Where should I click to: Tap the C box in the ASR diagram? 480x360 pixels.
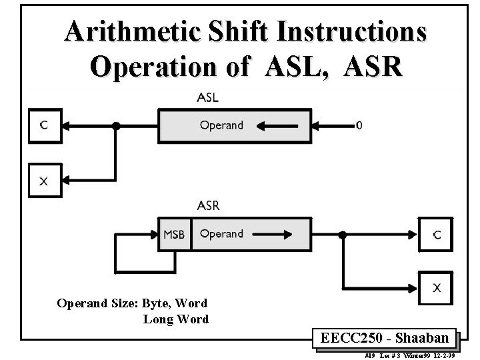(x=435, y=235)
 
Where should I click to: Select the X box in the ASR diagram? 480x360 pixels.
(x=435, y=287)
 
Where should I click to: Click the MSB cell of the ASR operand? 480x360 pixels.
(x=174, y=235)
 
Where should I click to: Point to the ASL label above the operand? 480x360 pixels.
(x=207, y=97)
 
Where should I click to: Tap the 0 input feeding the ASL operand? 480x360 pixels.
(x=360, y=125)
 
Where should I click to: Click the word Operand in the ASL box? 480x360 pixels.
(x=221, y=125)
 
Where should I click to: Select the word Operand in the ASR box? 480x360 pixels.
(x=221, y=234)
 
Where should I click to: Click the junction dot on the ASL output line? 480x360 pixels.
(x=117, y=125)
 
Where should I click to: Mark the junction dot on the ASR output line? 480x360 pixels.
(x=343, y=235)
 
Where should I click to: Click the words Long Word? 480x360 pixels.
(x=176, y=319)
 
